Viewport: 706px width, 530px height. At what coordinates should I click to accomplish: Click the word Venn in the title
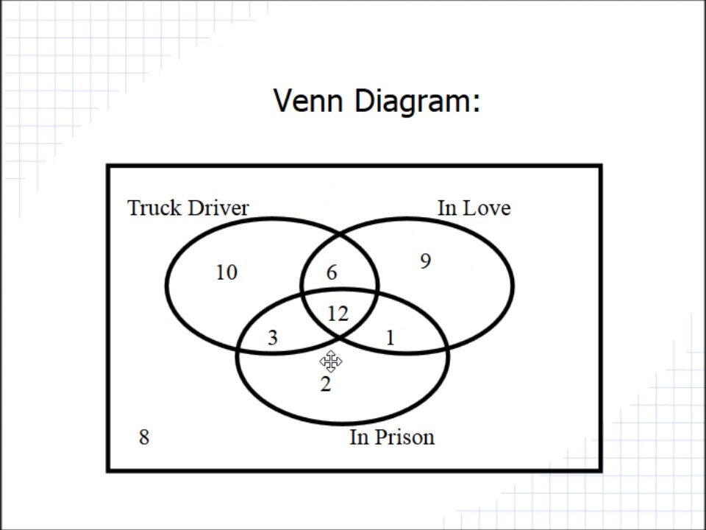[308, 101]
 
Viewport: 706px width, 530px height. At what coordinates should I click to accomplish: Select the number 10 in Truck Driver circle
[227, 272]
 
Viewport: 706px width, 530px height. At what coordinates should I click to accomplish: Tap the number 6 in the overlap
[332, 272]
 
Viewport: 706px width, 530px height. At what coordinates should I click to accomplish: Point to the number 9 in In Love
[426, 261]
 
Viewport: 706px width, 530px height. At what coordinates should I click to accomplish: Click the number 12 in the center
[338, 314]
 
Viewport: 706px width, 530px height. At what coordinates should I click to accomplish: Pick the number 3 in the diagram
[272, 338]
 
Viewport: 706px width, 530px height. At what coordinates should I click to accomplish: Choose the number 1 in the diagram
[391, 338]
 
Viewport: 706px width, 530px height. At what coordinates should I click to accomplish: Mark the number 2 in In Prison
[326, 384]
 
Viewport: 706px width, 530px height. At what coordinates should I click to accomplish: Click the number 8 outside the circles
[144, 437]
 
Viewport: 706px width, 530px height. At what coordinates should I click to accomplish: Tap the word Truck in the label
[155, 208]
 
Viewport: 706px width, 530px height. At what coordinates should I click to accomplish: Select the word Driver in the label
[218, 208]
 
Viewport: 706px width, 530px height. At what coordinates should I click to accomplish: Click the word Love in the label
[487, 208]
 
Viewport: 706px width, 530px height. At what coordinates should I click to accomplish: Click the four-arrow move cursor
[331, 361]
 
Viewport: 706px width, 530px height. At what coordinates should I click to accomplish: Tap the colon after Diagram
[476, 104]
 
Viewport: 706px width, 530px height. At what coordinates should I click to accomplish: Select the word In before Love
[447, 208]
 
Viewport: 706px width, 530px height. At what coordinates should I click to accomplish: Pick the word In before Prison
[360, 437]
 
